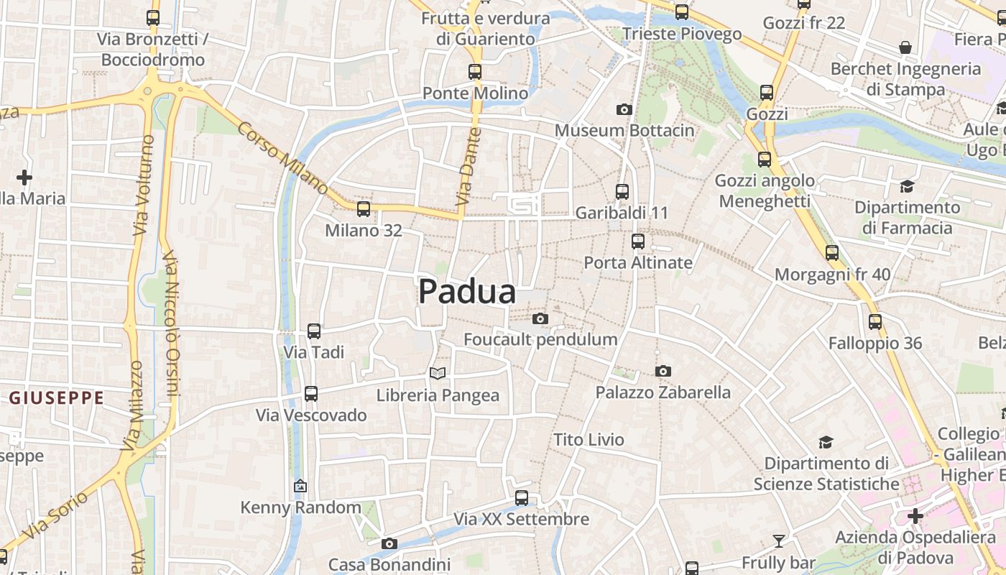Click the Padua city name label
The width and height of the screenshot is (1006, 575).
[467, 292]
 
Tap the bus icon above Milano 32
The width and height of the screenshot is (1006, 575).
[364, 209]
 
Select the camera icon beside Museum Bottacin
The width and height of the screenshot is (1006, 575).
[624, 109]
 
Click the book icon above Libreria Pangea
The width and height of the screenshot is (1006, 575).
[438, 373]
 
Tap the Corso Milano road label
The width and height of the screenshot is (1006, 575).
[282, 158]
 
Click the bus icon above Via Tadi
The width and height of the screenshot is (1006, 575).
[314, 331]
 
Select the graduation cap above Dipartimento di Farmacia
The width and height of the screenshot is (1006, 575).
[907, 187]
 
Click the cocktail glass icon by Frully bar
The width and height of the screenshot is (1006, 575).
[778, 541]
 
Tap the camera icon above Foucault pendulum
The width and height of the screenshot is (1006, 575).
[540, 318]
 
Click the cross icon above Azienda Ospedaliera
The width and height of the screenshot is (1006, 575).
[915, 515]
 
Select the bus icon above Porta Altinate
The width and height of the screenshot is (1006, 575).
[637, 241]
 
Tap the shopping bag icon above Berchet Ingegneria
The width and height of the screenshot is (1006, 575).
[905, 47]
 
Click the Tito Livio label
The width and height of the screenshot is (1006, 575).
[589, 439]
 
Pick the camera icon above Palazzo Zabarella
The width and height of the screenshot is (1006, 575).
[663, 371]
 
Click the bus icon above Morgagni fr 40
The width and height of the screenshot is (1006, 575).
[832, 253]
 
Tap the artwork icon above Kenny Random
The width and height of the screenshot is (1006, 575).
[300, 487]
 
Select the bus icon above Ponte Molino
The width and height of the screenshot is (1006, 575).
[474, 72]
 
